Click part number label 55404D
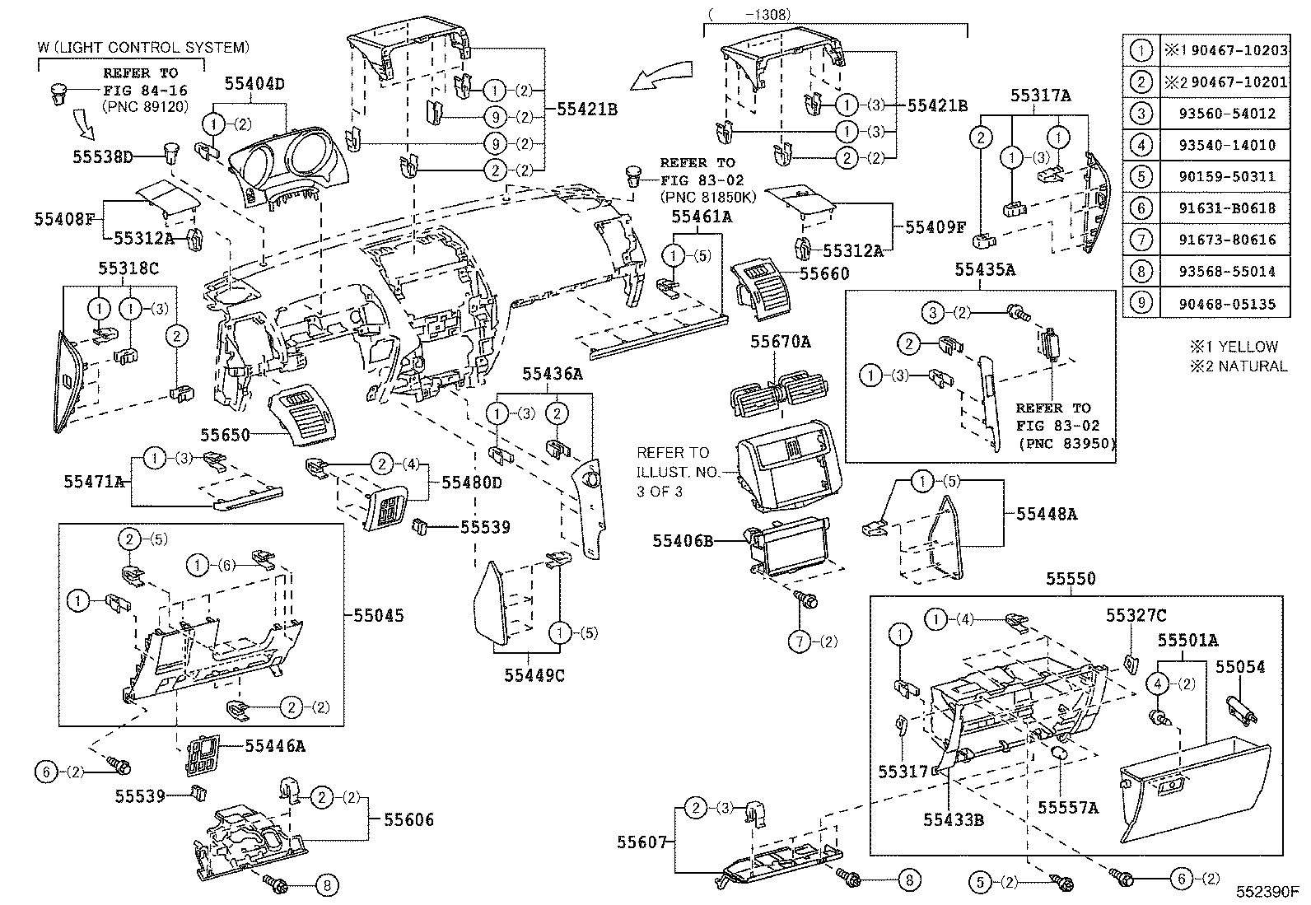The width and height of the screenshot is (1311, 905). (254, 83)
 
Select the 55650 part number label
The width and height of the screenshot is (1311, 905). (225, 434)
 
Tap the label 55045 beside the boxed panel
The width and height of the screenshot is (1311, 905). (379, 615)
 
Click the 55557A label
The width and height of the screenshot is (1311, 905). (1067, 808)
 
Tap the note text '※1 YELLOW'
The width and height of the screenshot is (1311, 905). (1233, 347)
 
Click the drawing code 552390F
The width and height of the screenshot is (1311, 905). (1266, 891)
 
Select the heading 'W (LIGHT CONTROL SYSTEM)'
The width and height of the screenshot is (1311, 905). (142, 49)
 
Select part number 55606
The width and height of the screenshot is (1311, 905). (408, 819)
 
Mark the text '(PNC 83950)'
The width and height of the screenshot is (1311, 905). (1066, 444)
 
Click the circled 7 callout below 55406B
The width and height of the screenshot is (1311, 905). (800, 641)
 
